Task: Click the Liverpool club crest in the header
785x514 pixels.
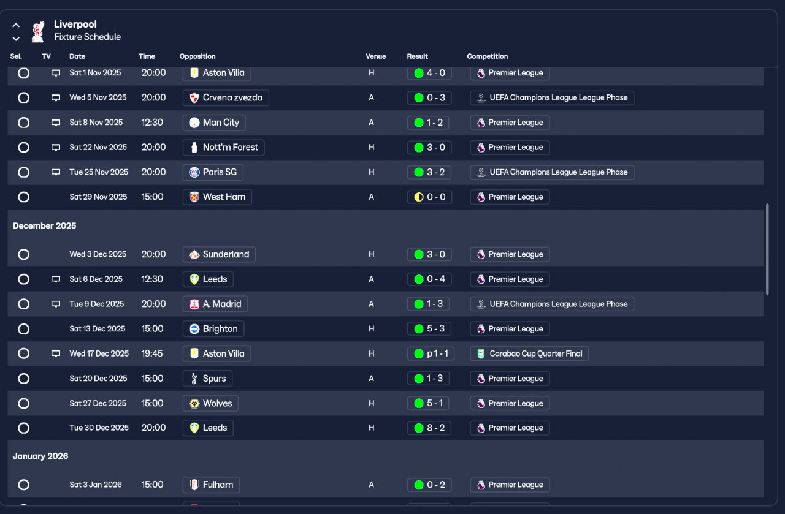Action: (x=38, y=31)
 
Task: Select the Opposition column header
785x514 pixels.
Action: (x=197, y=56)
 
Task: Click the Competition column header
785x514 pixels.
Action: (x=488, y=56)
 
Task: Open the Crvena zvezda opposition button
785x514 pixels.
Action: (x=226, y=98)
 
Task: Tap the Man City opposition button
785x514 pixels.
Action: (x=214, y=123)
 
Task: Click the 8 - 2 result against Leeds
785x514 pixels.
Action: (x=429, y=428)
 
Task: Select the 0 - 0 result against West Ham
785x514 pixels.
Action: (x=429, y=197)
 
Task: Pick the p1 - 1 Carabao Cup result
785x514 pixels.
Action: (x=429, y=353)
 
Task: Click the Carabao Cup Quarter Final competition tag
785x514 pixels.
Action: (x=529, y=353)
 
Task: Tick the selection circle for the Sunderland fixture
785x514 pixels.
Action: (x=23, y=254)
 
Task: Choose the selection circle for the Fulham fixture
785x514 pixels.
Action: (x=23, y=485)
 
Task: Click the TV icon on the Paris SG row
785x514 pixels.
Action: (x=56, y=172)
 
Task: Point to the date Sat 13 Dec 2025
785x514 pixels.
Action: (x=98, y=329)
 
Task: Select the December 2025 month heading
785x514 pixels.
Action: (x=45, y=225)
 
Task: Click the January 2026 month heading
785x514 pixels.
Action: (x=40, y=456)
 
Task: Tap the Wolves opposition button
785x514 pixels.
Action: (x=210, y=403)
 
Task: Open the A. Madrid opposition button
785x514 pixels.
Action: (x=215, y=304)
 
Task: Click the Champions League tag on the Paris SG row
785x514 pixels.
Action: (x=552, y=172)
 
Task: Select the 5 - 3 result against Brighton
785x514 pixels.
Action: (x=429, y=329)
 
